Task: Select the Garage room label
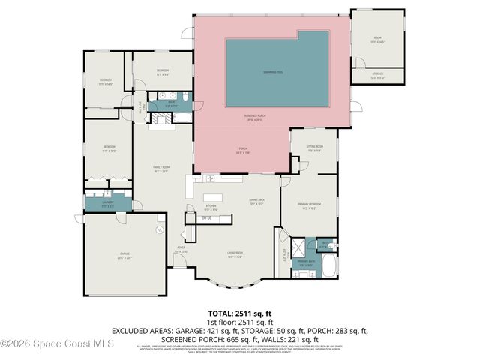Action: pos(124,254)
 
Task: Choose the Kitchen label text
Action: pos(211,208)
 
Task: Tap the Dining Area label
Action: pos(256,201)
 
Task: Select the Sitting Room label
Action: pos(315,148)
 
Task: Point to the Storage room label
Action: pos(378,76)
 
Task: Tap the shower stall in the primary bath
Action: pos(297,247)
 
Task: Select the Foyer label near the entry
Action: pos(181,249)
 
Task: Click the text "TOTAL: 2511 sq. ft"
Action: pos(240,314)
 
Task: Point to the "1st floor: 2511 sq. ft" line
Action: pos(240,322)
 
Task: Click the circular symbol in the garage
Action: pos(160,230)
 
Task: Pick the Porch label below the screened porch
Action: pos(242,151)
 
